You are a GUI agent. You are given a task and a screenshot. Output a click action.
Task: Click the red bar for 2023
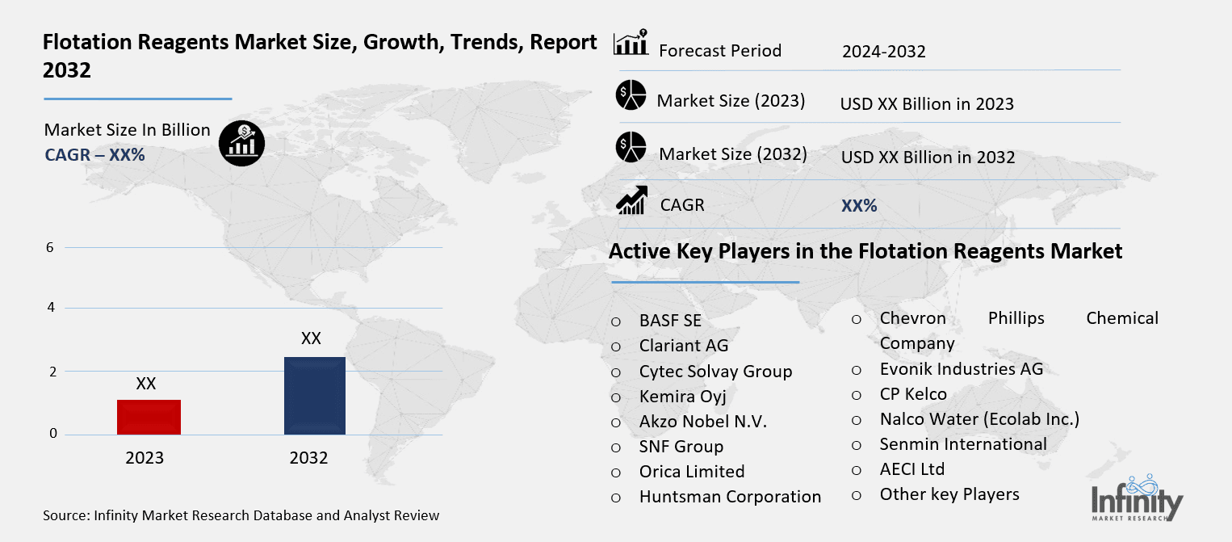coord(149,417)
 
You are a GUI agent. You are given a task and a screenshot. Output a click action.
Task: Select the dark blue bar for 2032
coord(314,396)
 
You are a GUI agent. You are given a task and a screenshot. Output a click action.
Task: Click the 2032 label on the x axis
coord(308,458)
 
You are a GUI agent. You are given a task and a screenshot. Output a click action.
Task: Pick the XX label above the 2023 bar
coord(146,384)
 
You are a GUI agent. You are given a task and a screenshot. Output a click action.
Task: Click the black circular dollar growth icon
coord(241,143)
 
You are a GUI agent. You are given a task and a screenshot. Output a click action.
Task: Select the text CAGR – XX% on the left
coord(94,155)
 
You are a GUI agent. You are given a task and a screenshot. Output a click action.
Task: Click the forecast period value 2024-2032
coord(883,52)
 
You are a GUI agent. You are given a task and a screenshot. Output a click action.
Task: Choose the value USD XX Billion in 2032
coord(928,158)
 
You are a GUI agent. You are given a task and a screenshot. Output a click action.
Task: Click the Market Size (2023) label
coord(731,101)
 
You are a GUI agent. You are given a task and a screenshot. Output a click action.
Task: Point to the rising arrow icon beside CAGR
coord(631,201)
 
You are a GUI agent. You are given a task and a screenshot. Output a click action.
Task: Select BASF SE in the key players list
coord(670,321)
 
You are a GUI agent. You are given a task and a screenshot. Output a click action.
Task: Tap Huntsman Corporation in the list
coord(730,497)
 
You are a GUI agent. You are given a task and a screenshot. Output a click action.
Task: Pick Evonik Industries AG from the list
coord(961,369)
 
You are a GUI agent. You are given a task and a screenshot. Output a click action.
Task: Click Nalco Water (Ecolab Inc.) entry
coord(979,419)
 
